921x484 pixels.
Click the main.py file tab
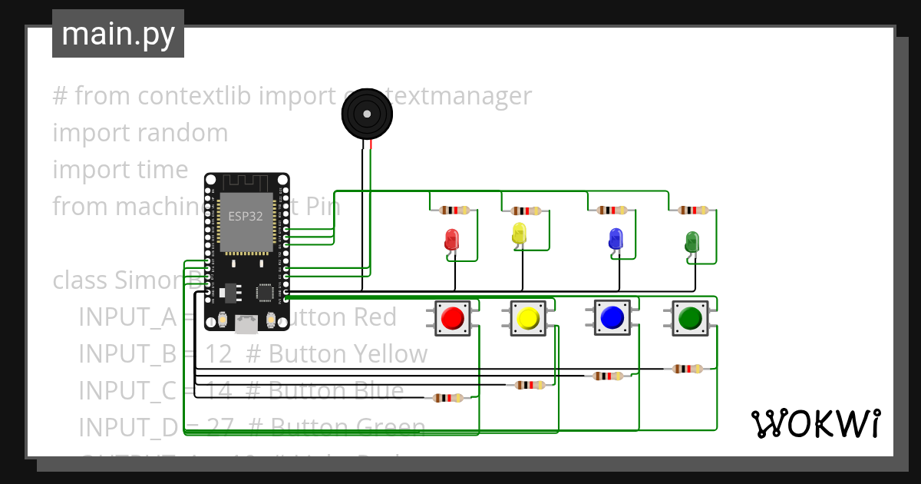coord(117,34)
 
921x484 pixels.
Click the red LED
coord(452,238)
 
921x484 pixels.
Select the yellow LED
coord(519,234)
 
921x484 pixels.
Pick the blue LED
coord(616,238)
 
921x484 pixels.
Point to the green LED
coord(692,241)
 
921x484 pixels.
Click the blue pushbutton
coord(612,317)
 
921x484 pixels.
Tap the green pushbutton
coord(690,317)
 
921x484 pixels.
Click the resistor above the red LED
coord(454,210)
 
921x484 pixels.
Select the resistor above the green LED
coord(692,210)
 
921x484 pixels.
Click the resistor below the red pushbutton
coord(448,397)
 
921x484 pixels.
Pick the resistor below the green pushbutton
coord(687,369)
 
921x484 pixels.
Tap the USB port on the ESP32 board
coord(246,324)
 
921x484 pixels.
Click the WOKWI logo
coord(815,423)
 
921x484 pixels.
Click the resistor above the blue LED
coord(612,210)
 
